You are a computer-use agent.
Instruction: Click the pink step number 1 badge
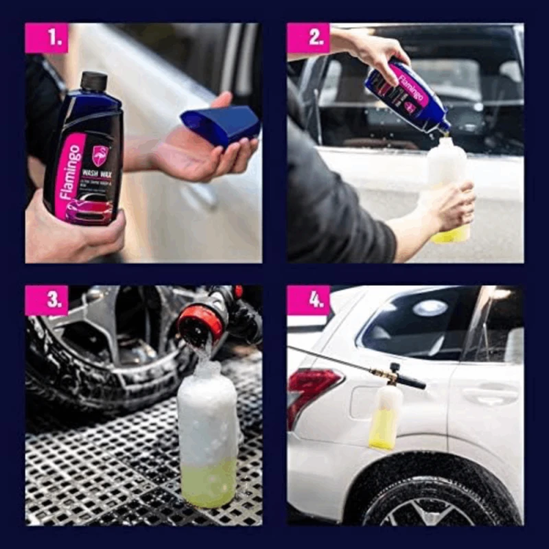pos(47,38)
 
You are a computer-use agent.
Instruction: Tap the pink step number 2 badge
pos(308,38)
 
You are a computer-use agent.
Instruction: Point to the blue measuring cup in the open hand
pos(221,124)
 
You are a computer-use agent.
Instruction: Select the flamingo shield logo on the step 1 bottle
pos(101,154)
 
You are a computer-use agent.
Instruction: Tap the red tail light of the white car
pos(312,391)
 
